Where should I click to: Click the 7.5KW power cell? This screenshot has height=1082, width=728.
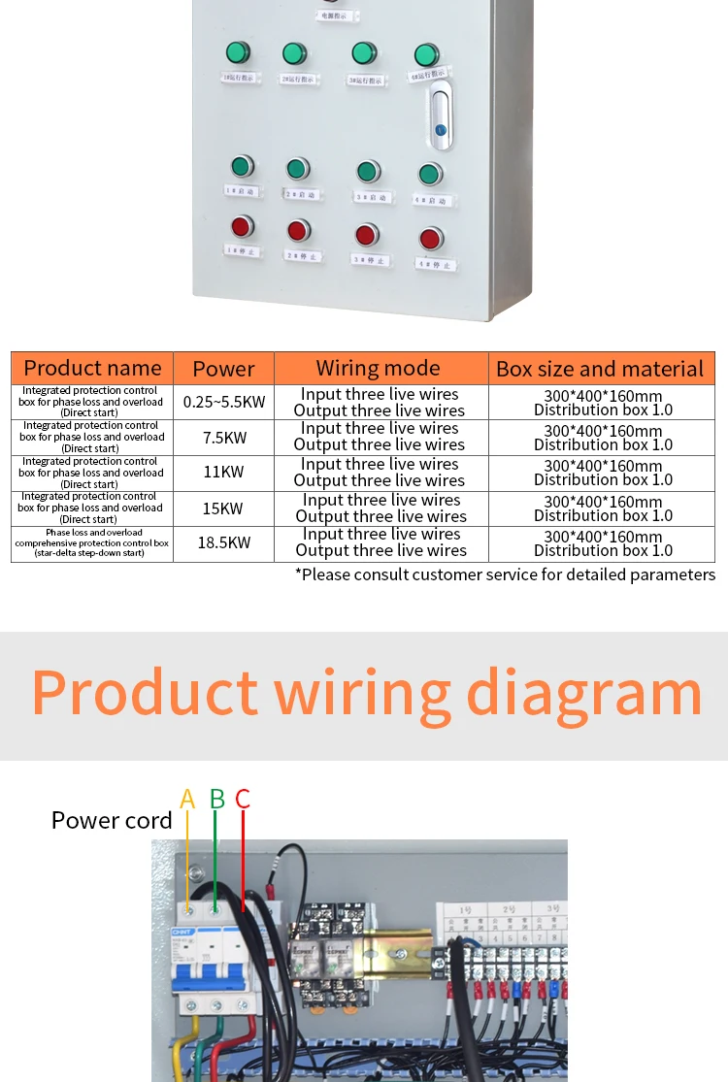(224, 438)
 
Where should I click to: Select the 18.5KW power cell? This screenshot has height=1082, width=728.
(224, 542)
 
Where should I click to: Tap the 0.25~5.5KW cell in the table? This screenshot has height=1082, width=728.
(224, 402)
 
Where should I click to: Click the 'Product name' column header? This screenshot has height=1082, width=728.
(92, 368)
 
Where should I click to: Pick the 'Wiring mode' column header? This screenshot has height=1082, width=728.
(378, 368)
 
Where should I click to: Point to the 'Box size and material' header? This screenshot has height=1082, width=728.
(600, 369)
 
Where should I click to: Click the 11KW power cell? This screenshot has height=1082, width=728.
(224, 473)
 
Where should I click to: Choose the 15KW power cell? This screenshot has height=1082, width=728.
(224, 508)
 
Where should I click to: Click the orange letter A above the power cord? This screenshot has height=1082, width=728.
(187, 800)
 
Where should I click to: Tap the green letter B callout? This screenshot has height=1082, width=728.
(217, 800)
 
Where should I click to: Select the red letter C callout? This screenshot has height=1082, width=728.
(243, 800)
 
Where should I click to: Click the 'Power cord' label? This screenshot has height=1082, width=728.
(112, 820)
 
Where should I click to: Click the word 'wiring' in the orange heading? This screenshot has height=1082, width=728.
(362, 694)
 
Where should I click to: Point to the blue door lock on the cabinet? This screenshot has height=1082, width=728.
(440, 129)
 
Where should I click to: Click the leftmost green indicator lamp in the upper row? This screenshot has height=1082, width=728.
(237, 52)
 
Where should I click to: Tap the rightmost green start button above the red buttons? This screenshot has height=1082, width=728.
(430, 175)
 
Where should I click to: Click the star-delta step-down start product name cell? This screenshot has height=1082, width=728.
(92, 542)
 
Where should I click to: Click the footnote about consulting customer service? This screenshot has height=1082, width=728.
(505, 574)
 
